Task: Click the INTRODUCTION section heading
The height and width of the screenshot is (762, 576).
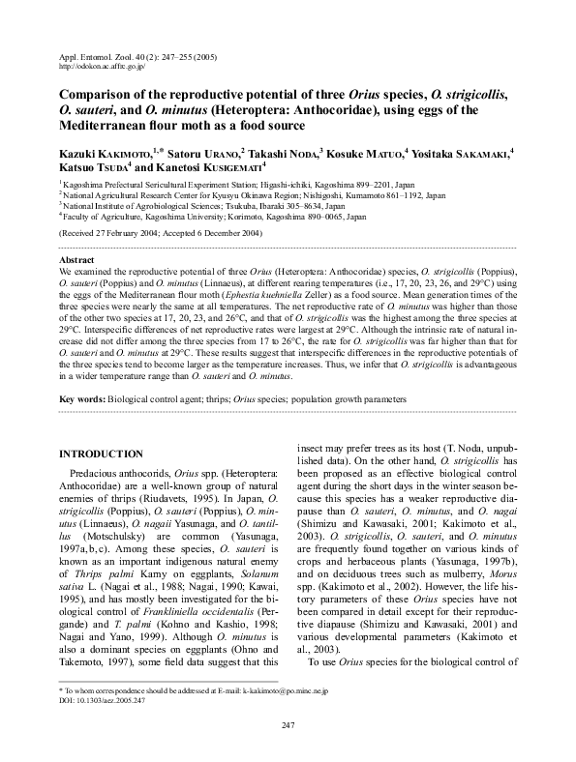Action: (x=102, y=454)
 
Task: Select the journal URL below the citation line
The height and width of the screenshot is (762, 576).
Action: (x=103, y=68)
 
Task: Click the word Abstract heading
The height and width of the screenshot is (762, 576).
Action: (x=77, y=261)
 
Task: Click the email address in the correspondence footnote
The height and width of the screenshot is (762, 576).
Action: (x=282, y=692)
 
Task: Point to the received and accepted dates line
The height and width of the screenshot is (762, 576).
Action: (x=160, y=234)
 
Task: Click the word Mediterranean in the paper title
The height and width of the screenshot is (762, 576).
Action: (x=106, y=127)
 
